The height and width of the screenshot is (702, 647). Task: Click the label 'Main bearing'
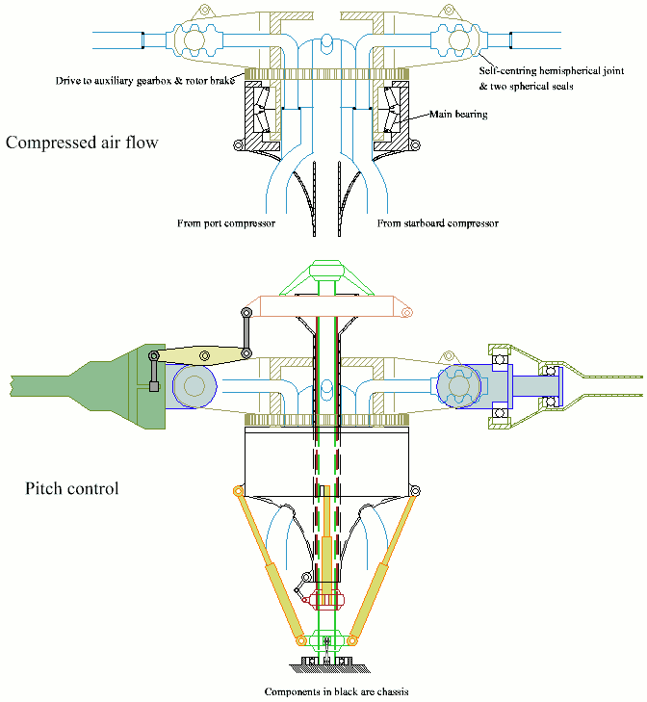click(459, 114)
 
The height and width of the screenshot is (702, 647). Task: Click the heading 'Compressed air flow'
click(81, 143)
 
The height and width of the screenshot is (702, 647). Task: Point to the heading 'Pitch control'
click(71, 488)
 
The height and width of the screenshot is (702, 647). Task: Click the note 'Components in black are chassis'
click(329, 691)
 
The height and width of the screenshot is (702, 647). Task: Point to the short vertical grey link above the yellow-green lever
click(247, 332)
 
